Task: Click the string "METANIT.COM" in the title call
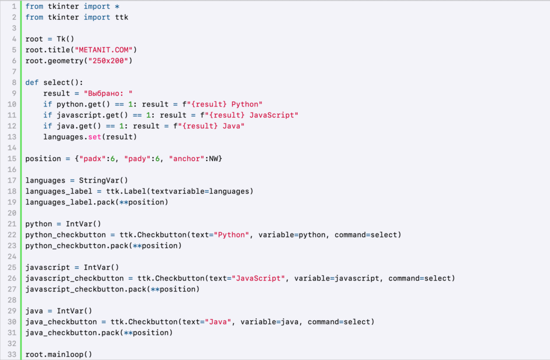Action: point(104,50)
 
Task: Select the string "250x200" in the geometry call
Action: point(108,61)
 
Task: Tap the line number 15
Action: point(12,159)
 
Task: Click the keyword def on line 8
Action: point(32,83)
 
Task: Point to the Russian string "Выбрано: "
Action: point(108,93)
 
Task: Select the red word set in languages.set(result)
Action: point(95,137)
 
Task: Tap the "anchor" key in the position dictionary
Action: point(187,159)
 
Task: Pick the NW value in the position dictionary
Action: point(214,159)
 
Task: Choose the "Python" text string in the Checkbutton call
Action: point(232,235)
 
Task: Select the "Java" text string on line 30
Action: point(218,322)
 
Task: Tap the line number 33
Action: point(12,354)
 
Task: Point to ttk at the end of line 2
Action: point(122,17)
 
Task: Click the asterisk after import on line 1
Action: point(117,6)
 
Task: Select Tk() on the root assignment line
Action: point(66,39)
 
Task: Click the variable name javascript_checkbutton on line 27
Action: point(74,289)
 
